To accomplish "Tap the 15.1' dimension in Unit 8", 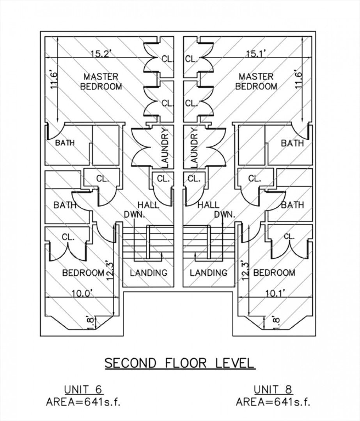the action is (256, 54).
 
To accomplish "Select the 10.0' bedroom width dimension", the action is (82, 293).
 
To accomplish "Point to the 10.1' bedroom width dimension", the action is (275, 293).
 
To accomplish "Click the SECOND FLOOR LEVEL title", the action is (179, 363).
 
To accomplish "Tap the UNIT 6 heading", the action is (83, 389).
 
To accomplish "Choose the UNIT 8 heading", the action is (273, 389).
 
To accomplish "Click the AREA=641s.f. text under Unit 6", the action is (83, 402).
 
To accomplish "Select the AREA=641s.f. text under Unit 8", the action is (273, 402).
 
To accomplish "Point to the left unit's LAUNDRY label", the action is (165, 148).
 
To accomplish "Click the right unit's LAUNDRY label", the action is (194, 148).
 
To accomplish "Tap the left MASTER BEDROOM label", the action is (101, 81).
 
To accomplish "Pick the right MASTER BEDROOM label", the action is (256, 81).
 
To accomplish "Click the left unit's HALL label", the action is (148, 205).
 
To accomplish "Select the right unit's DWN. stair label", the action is (225, 214).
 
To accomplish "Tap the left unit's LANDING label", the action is (149, 273).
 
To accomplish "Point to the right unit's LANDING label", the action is (209, 273).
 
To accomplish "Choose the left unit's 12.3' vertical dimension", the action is (110, 271).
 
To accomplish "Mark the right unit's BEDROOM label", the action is (274, 273).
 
